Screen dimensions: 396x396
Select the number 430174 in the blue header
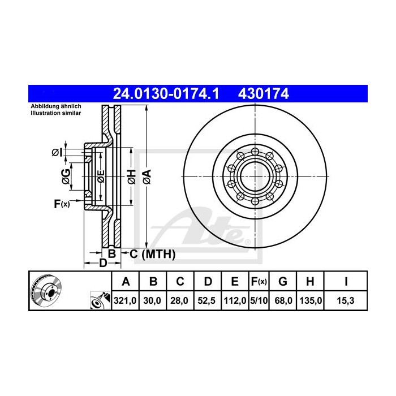click(264, 93)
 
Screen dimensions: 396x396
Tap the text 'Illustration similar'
click(55, 113)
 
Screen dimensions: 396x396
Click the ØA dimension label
click(147, 177)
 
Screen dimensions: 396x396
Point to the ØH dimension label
click(131, 177)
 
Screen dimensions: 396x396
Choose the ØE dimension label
click(100, 177)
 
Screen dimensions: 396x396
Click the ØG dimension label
click(66, 177)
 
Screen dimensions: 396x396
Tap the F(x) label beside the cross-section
click(61, 204)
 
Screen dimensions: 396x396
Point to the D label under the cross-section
click(102, 264)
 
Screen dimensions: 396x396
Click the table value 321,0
click(126, 302)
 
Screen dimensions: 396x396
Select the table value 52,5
click(208, 302)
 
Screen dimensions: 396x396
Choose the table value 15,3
click(346, 302)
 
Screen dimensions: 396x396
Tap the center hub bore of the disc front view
click(255, 177)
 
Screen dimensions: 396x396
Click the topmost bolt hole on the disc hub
click(255, 151)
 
